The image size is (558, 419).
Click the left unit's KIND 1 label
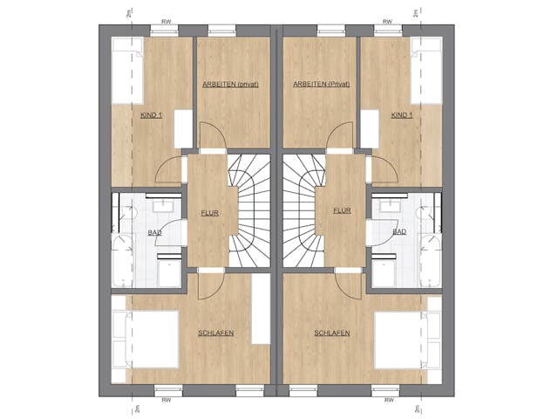click(x=152, y=115)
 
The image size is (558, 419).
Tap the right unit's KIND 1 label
click(x=402, y=115)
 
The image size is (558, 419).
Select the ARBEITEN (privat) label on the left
click(x=230, y=85)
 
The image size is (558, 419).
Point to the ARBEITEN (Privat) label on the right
click(x=322, y=85)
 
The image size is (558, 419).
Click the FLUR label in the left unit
click(x=209, y=213)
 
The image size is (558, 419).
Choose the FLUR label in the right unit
click(x=343, y=210)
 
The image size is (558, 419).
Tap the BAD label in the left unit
click(x=154, y=233)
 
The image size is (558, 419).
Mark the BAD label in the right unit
click(x=399, y=232)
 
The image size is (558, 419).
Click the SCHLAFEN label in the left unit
click(x=216, y=333)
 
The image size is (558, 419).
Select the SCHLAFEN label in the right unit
click(x=332, y=333)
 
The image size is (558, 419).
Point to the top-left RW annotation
click(x=167, y=22)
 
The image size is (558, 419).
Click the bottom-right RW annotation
click(x=389, y=400)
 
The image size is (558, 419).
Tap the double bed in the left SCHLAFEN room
click(x=146, y=340)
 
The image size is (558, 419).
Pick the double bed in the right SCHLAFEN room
click(x=408, y=340)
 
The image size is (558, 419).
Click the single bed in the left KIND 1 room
click(x=127, y=71)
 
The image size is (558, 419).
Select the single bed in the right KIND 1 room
click(x=426, y=71)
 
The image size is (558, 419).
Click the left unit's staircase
click(x=249, y=210)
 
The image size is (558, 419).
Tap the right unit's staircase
click(x=304, y=210)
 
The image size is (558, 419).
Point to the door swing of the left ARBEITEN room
click(x=213, y=135)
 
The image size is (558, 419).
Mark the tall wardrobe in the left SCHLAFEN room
click(x=261, y=309)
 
